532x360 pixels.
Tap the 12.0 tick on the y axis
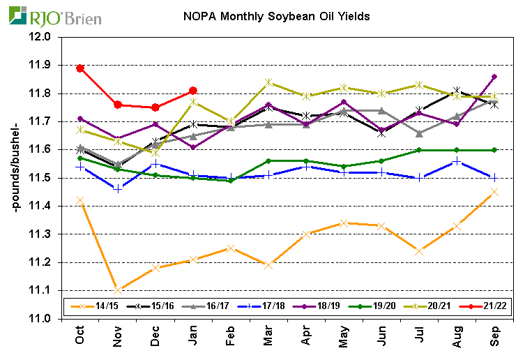click(x=43, y=37)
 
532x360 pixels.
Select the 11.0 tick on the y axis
click(x=43, y=319)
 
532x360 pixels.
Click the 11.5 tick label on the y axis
click(x=43, y=178)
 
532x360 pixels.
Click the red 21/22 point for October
click(x=80, y=68)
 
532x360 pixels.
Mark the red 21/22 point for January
click(x=193, y=91)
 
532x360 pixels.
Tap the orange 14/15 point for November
click(x=117, y=290)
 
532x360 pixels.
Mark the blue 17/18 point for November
click(x=117, y=189)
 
